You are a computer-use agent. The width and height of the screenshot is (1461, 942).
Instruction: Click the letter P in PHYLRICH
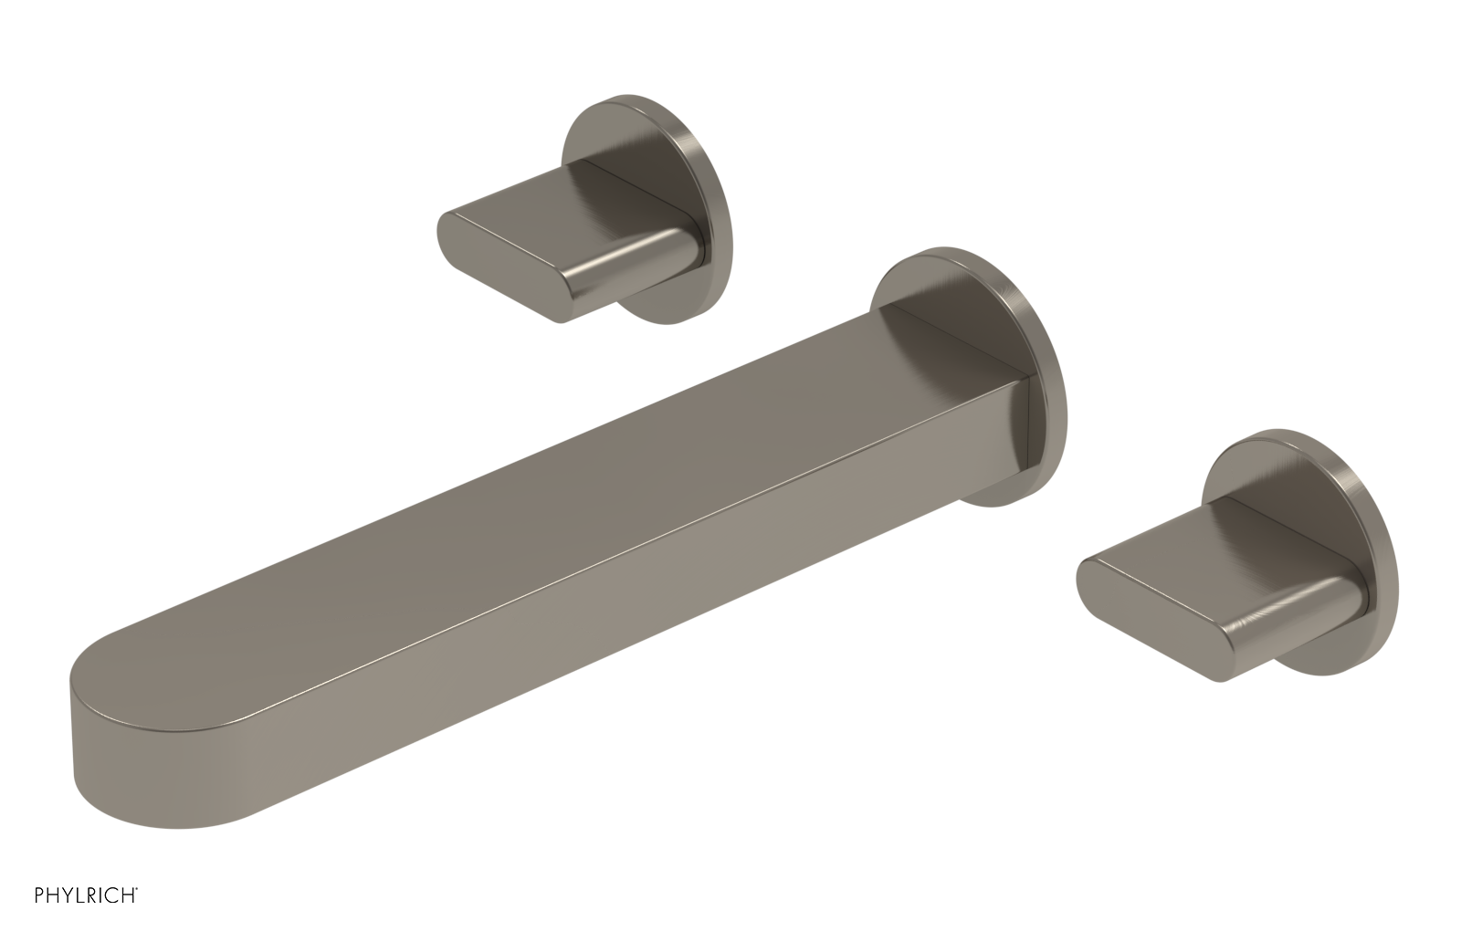point(40,919)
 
